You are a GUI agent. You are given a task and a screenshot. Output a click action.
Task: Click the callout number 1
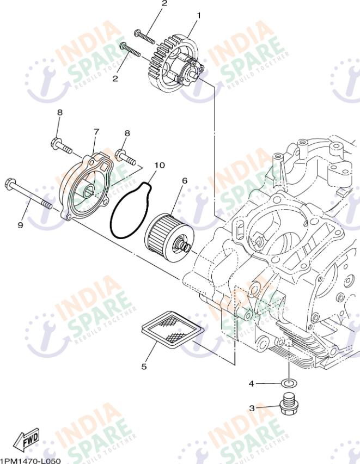pyautogui.click(x=198, y=16)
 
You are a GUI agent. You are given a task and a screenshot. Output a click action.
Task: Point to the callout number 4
pyautogui.click(x=252, y=383)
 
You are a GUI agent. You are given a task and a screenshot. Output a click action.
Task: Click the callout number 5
pyautogui.click(x=144, y=367)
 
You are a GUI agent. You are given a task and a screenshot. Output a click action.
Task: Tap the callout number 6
pyautogui.click(x=185, y=180)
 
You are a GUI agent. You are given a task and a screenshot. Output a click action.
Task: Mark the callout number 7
pyautogui.click(x=96, y=132)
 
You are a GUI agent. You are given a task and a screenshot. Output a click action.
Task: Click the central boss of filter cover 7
pyautogui.click(x=88, y=192)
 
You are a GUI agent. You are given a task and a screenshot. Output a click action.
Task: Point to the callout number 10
pyautogui.click(x=159, y=164)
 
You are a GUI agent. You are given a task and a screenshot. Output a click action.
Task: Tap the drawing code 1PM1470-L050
pyautogui.click(x=30, y=461)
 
